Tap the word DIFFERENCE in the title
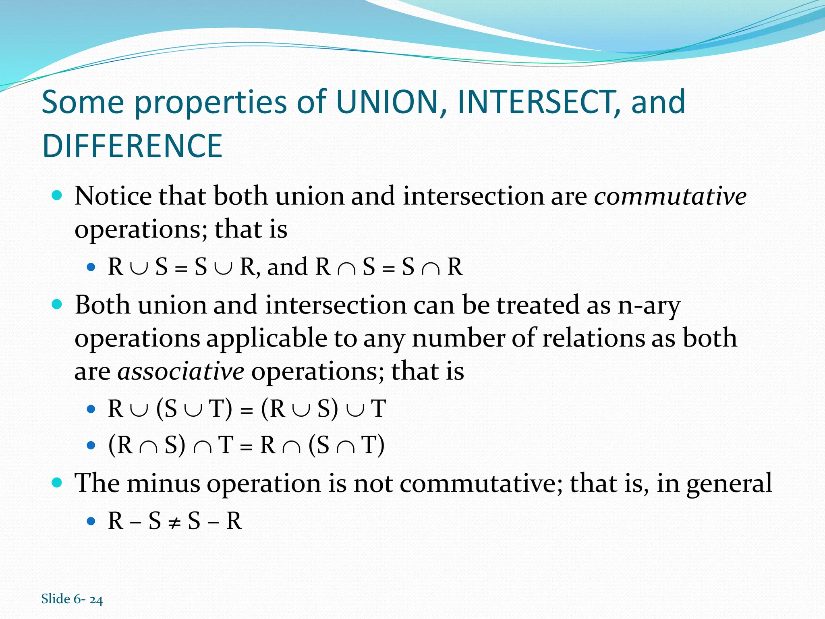132,146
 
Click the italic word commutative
670,196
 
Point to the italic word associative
180,371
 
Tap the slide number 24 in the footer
96,600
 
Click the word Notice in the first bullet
113,196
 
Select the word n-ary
649,305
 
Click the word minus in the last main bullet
163,483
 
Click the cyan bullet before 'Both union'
57,304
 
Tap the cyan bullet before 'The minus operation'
57,482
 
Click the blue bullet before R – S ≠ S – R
91,521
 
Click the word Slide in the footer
56,599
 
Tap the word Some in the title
83,102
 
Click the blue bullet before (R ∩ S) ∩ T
91,446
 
